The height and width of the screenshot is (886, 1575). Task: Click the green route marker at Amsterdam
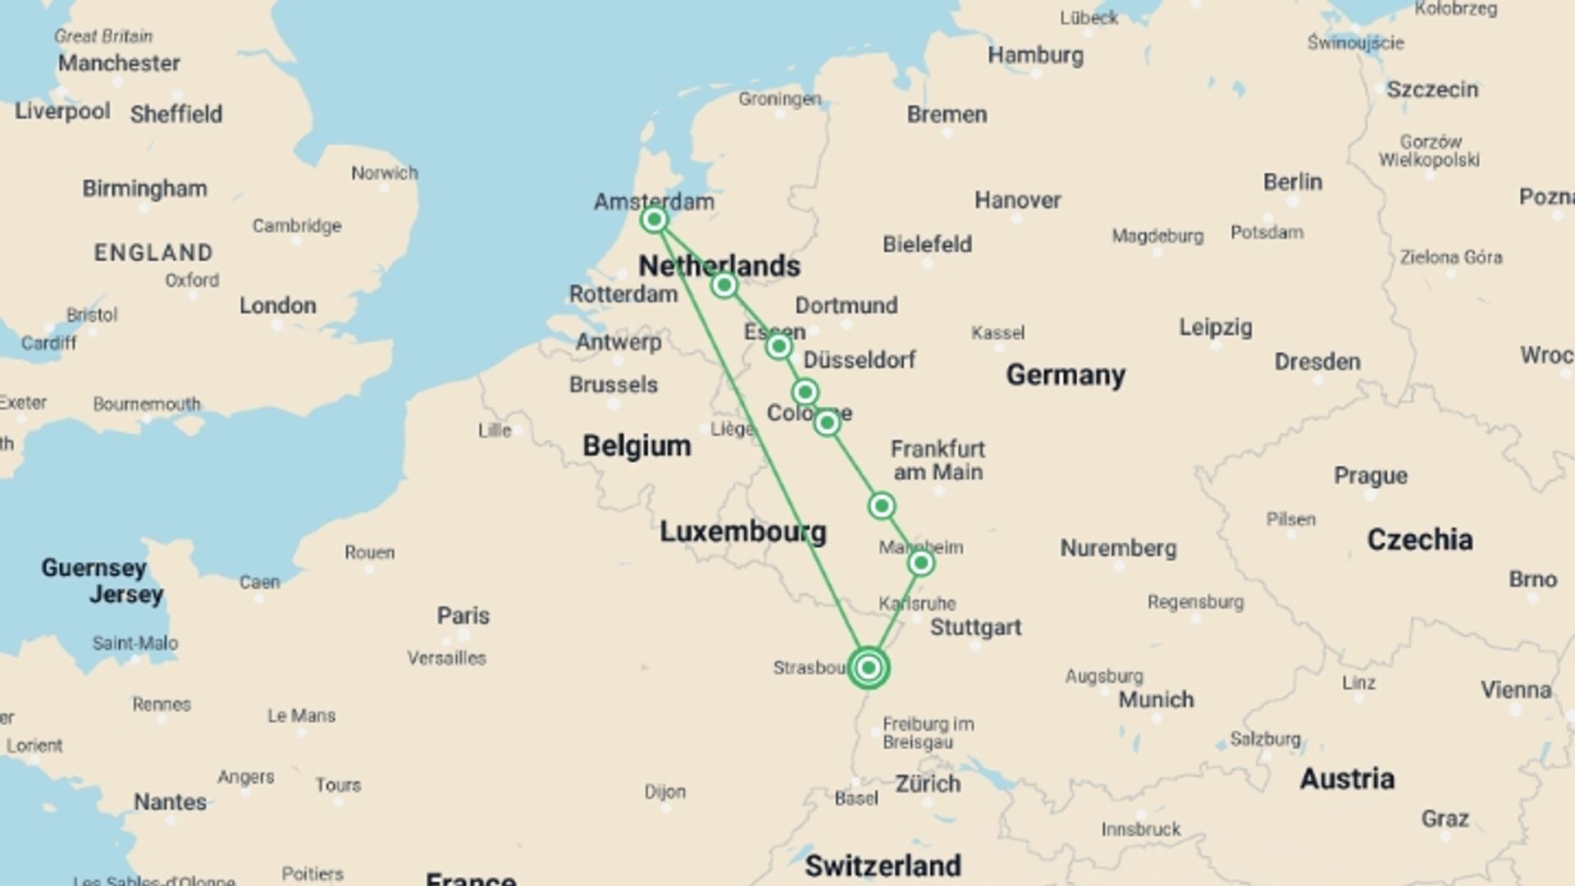(x=654, y=220)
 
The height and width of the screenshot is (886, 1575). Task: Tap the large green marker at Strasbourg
(x=869, y=668)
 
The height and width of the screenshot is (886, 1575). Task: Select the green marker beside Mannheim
(x=920, y=563)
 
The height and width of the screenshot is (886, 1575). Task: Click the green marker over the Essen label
(x=778, y=346)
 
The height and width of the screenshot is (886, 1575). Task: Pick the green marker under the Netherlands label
(x=724, y=285)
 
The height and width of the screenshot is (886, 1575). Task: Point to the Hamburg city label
(x=1035, y=55)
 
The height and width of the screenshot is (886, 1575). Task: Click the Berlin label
(x=1292, y=181)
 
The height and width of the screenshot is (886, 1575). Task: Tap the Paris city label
(x=463, y=615)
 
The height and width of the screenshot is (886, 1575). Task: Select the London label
(x=277, y=305)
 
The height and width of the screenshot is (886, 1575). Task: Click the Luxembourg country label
(x=742, y=532)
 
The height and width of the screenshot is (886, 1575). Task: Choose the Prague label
(x=1370, y=475)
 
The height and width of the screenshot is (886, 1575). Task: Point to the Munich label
(x=1156, y=699)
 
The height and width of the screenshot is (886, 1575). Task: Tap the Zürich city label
(x=928, y=783)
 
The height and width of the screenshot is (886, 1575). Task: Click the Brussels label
(x=614, y=384)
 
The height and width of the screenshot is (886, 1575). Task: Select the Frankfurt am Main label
(x=938, y=460)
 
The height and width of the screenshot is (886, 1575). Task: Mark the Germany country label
(x=1066, y=375)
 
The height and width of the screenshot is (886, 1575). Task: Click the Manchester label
(x=119, y=63)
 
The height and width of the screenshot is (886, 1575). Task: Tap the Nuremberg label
(x=1118, y=548)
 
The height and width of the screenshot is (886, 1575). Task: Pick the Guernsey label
(x=94, y=568)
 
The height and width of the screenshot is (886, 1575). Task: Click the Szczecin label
(x=1431, y=89)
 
